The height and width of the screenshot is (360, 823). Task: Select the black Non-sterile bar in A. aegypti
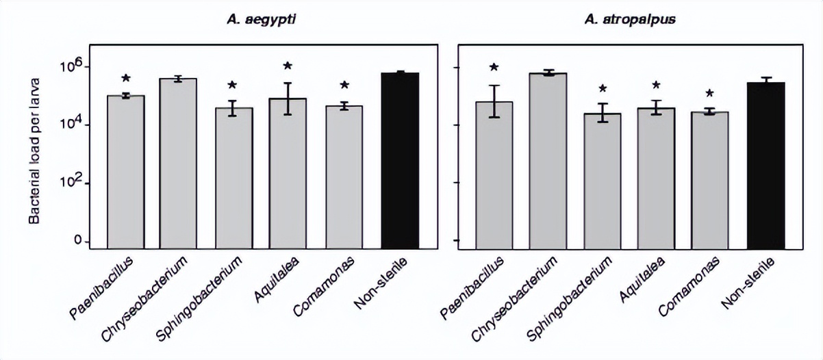pyautogui.click(x=400, y=160)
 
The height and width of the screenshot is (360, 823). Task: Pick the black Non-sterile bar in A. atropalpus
pyautogui.click(x=765, y=165)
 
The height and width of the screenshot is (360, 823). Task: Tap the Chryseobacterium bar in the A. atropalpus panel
pyautogui.click(x=547, y=161)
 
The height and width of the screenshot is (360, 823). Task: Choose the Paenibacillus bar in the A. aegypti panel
pyautogui.click(x=126, y=172)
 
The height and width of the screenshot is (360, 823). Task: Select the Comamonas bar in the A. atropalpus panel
pyautogui.click(x=710, y=180)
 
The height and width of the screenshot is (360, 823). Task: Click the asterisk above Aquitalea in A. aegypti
pyautogui.click(x=288, y=66)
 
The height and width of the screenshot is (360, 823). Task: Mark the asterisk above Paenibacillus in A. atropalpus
pyautogui.click(x=494, y=68)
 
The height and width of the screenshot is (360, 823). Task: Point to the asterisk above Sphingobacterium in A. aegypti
pyautogui.click(x=232, y=86)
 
